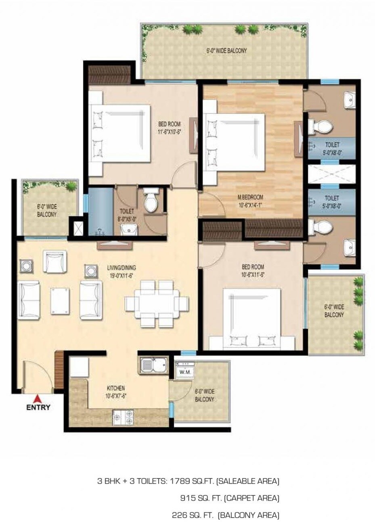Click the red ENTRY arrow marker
click(x=38, y=398)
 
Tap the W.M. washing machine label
click(x=185, y=371)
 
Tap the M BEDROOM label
click(x=250, y=197)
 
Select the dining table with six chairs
click(x=157, y=303)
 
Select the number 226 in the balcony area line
click(x=180, y=515)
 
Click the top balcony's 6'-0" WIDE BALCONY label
click(x=226, y=51)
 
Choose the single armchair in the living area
click(x=54, y=262)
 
